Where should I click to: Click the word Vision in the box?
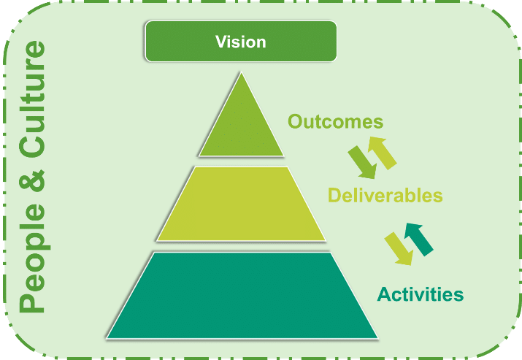(241, 42)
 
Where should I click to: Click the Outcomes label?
(336, 121)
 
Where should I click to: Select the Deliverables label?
(385, 195)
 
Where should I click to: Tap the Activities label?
(421, 294)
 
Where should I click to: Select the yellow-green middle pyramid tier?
(241, 204)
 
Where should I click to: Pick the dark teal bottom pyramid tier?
(242, 296)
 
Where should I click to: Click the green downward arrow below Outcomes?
(363, 163)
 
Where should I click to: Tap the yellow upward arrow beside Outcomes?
(382, 153)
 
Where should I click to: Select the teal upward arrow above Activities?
(419, 239)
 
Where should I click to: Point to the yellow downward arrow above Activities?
(399, 249)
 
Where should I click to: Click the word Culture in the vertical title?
(32, 99)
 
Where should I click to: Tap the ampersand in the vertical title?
(32, 180)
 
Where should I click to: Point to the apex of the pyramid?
(242, 72)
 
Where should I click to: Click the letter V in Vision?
(221, 42)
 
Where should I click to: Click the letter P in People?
(31, 302)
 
